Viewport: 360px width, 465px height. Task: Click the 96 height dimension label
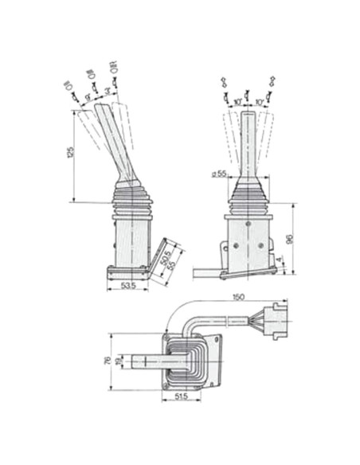(x=292, y=238)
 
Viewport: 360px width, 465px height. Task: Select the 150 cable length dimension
(x=238, y=299)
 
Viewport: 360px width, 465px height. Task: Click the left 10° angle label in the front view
(x=237, y=102)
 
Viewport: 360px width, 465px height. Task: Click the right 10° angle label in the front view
(x=260, y=102)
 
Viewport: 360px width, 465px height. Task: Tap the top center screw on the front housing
(x=248, y=226)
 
